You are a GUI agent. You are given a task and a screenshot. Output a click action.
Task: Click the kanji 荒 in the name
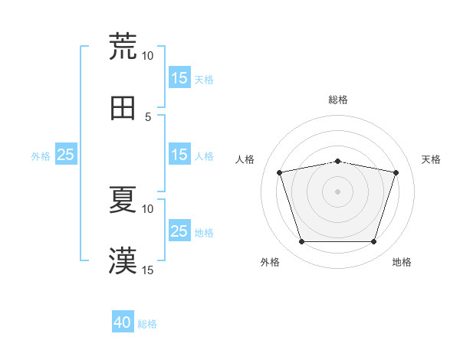click(x=123, y=46)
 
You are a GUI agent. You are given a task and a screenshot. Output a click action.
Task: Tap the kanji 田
click(x=123, y=109)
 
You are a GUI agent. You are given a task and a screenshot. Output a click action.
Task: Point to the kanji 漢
click(x=123, y=261)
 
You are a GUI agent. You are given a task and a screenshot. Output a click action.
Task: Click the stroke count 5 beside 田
click(x=148, y=116)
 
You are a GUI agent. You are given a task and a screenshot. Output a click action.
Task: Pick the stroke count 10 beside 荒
click(x=147, y=56)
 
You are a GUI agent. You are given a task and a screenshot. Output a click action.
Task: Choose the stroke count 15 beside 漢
click(x=147, y=270)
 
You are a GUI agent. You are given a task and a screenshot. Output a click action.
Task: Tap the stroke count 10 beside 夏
click(x=147, y=208)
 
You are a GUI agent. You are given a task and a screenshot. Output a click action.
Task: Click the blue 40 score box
click(x=123, y=323)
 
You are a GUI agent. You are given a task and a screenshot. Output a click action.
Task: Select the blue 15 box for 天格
click(x=179, y=78)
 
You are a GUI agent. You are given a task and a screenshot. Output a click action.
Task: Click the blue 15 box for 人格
click(x=179, y=155)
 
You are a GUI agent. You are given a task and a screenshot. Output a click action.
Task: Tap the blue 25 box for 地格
click(x=179, y=231)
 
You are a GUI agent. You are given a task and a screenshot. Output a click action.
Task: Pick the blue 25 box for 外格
click(x=66, y=155)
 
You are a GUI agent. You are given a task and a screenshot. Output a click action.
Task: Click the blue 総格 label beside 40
click(x=148, y=324)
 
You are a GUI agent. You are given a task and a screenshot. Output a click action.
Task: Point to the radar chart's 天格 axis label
click(x=432, y=159)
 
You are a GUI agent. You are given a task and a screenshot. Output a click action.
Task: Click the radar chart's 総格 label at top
click(x=338, y=100)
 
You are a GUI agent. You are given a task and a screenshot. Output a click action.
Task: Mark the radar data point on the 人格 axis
click(x=280, y=173)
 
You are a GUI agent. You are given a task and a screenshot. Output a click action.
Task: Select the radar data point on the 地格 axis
click(x=373, y=242)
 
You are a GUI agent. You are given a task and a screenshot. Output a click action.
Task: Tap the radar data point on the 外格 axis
click(x=301, y=242)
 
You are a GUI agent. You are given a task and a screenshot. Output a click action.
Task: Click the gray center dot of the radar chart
click(x=337, y=191)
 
